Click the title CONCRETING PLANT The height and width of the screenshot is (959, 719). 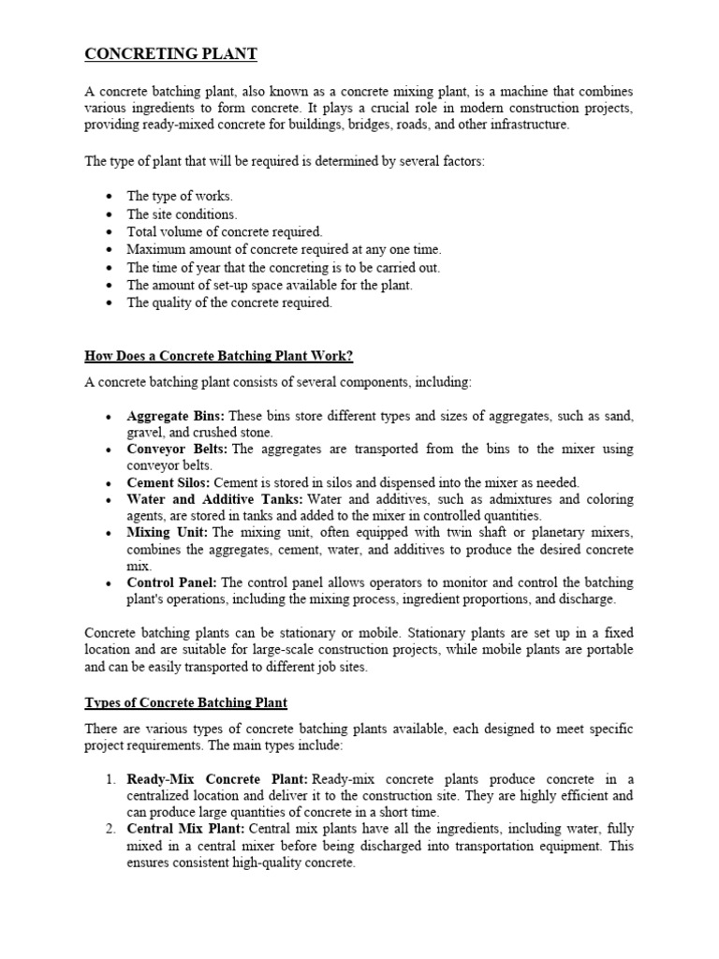click(170, 54)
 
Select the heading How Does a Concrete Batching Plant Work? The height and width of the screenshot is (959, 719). click(219, 356)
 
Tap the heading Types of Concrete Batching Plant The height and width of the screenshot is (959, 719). click(186, 702)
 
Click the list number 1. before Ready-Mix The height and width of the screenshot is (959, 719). click(110, 779)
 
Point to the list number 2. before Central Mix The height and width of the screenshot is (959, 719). click(110, 829)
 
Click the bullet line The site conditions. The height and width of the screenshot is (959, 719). click(182, 214)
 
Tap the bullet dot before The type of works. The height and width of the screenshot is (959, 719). click(110, 197)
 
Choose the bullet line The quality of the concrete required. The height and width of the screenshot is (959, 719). click(229, 302)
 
